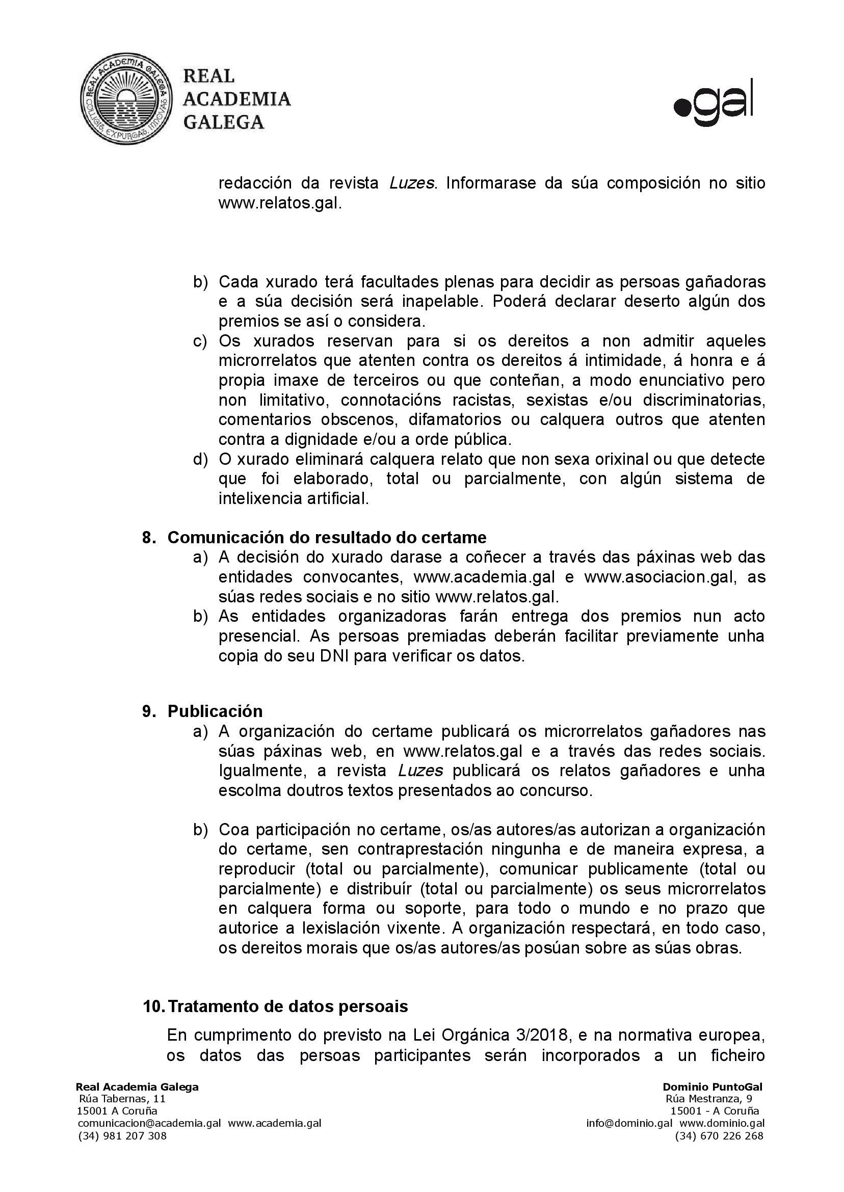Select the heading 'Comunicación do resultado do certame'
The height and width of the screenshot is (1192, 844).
coord(327,537)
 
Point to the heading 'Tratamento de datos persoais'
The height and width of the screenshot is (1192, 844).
coord(288,1006)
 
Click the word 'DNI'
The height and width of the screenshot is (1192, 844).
coord(336,656)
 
